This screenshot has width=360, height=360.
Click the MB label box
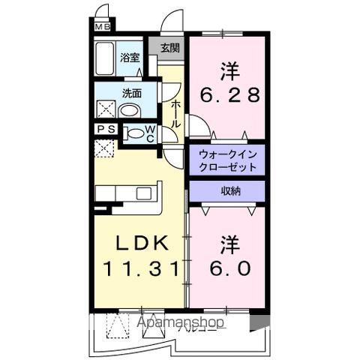(x=102, y=28)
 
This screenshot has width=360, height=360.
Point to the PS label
(x=104, y=129)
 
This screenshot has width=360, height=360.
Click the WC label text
(x=149, y=133)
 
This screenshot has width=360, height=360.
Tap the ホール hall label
(x=175, y=112)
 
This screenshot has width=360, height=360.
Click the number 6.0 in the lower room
(x=230, y=266)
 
